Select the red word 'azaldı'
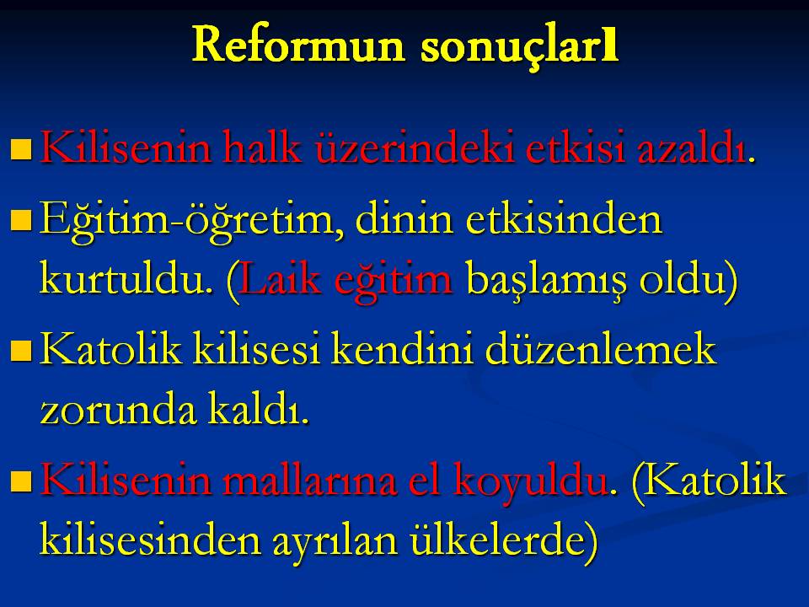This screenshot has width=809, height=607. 691,148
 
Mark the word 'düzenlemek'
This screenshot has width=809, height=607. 601,349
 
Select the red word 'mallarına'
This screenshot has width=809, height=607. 310,480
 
